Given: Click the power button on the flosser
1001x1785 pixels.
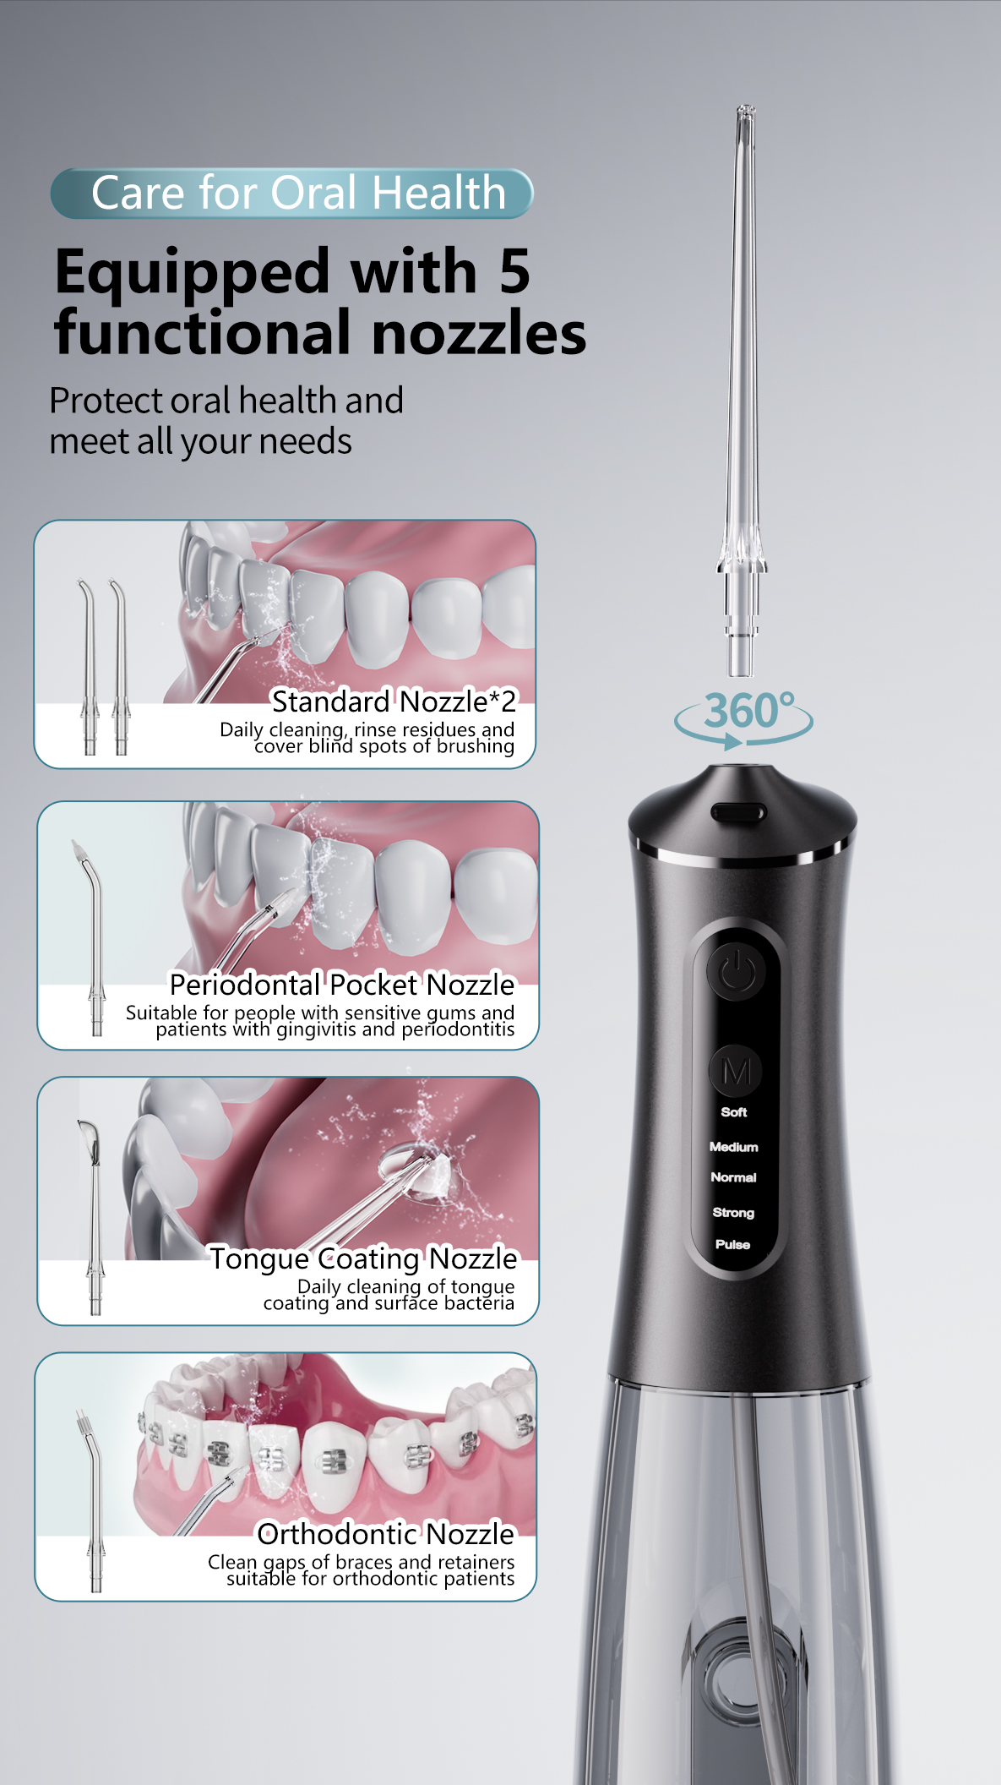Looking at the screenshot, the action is click(x=737, y=972).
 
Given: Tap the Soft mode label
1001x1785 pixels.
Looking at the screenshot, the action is click(x=734, y=1112).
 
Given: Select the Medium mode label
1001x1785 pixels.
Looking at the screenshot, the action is click(x=734, y=1147).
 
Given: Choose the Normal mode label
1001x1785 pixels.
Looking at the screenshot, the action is click(x=733, y=1177).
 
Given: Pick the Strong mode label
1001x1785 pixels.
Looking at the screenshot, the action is click(x=733, y=1213).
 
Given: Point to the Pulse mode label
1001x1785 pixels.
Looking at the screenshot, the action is click(x=732, y=1244).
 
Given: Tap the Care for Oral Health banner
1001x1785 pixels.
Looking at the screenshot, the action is click(x=292, y=194).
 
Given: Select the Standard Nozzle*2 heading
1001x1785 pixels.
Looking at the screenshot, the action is click(x=394, y=701).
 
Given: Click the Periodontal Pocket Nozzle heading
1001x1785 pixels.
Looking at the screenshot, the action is click(x=342, y=985).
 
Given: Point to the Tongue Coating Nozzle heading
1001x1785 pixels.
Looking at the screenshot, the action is click(x=363, y=1258).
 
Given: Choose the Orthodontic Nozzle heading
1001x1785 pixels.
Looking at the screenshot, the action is click(x=386, y=1533).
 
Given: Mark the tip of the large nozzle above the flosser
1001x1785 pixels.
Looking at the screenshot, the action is click(x=745, y=107).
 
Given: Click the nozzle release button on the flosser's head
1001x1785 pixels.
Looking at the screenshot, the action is click(x=738, y=813).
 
